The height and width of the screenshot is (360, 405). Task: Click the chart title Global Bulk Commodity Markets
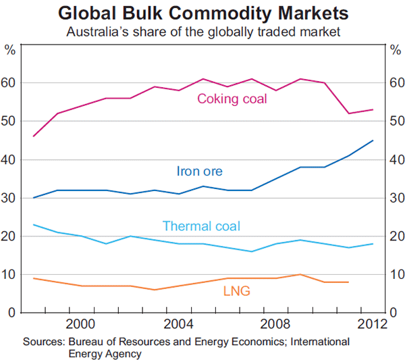click(x=203, y=14)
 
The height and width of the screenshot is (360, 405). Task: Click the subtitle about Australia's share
click(x=203, y=31)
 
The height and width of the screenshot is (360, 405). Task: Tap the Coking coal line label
click(x=232, y=99)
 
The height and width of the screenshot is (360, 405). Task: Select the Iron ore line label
click(x=199, y=171)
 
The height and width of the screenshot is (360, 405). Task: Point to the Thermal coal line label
click(x=201, y=226)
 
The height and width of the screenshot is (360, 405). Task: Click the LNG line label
click(x=236, y=291)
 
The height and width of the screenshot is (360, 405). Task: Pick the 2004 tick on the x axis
click(x=179, y=324)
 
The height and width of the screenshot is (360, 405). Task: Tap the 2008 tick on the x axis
click(x=276, y=324)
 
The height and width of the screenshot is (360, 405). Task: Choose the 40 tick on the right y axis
click(x=394, y=160)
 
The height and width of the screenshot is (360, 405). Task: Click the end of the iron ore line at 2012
click(x=373, y=140)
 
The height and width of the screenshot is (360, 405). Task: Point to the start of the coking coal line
click(x=33, y=136)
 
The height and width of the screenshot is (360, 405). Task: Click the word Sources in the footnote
click(x=42, y=342)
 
